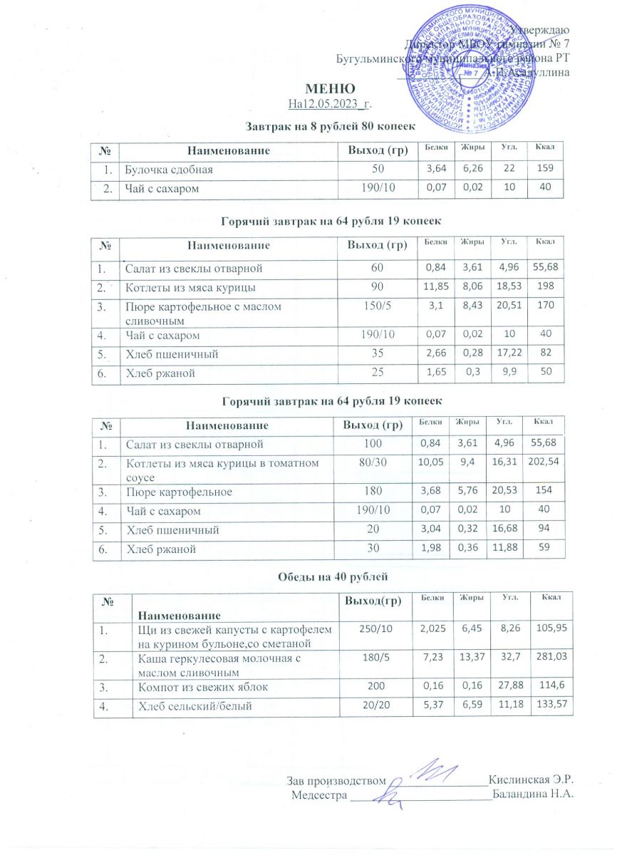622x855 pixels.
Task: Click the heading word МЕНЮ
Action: click(x=330, y=90)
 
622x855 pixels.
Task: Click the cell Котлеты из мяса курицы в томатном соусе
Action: click(x=221, y=470)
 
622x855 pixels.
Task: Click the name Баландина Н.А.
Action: click(x=532, y=794)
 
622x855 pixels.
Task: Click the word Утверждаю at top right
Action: click(x=539, y=29)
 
